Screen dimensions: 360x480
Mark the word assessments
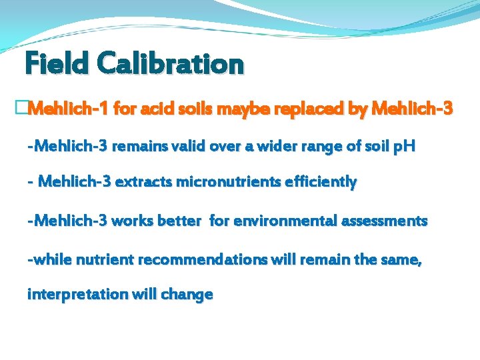point(385,220)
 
